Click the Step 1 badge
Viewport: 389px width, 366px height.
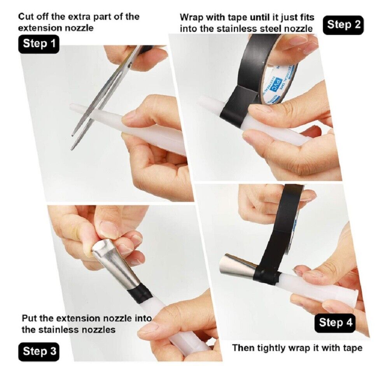coord(39,44)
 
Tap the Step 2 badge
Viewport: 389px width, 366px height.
coord(343,25)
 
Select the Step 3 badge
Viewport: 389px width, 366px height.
coord(39,352)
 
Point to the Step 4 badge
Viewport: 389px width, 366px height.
coord(335,323)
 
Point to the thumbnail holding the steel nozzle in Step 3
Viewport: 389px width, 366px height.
coord(109,228)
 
